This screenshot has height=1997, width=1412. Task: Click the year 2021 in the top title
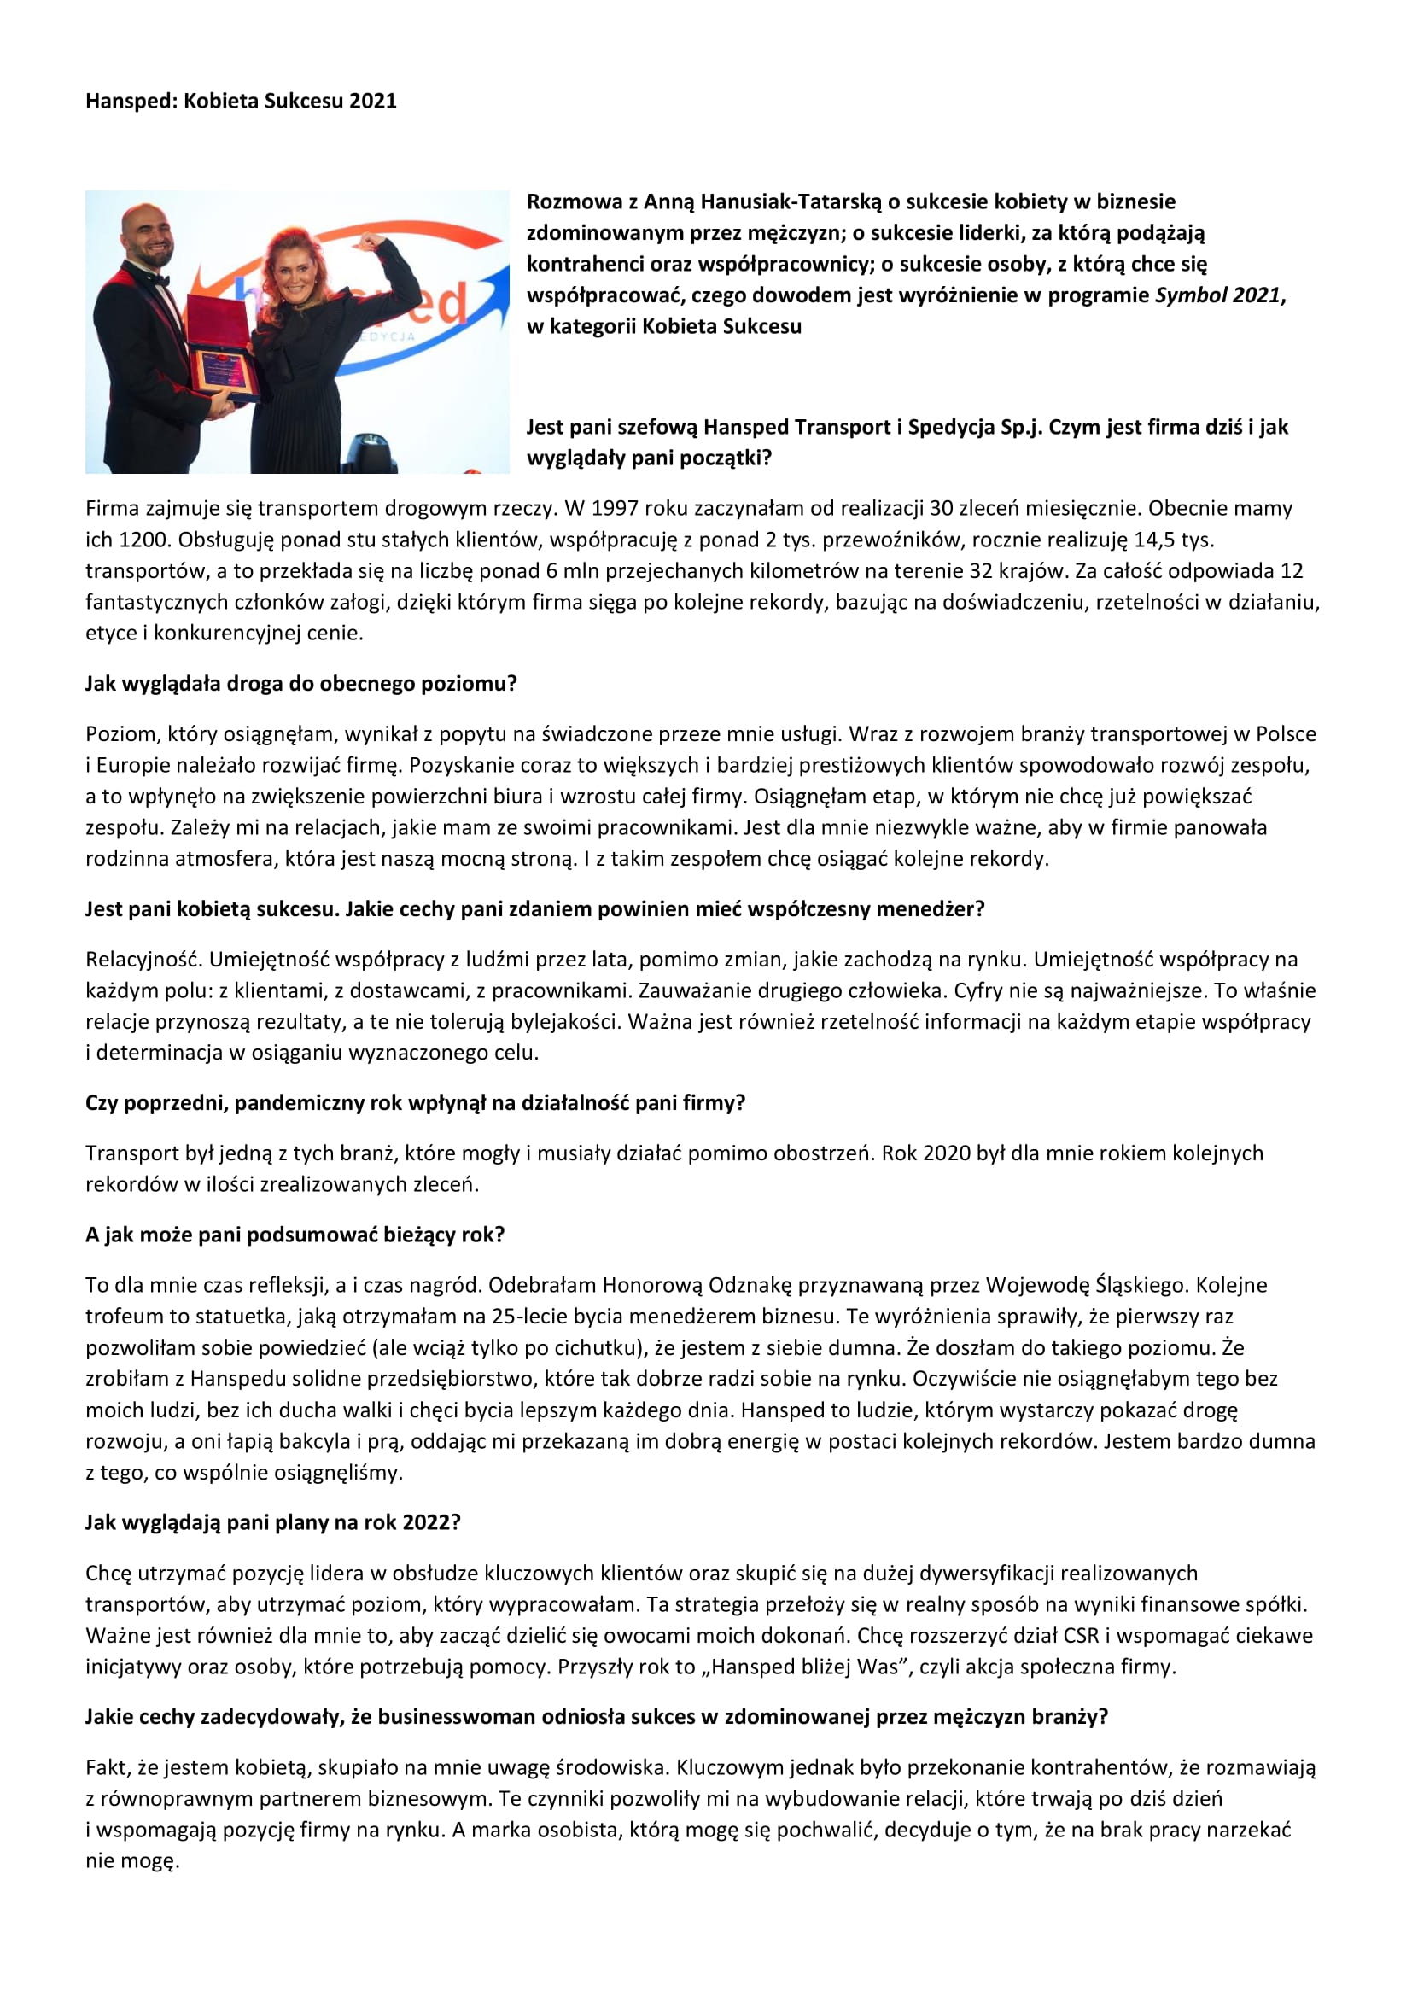point(372,101)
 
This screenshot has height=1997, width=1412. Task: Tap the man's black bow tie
point(158,279)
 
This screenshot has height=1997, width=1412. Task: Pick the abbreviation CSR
point(1082,1635)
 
